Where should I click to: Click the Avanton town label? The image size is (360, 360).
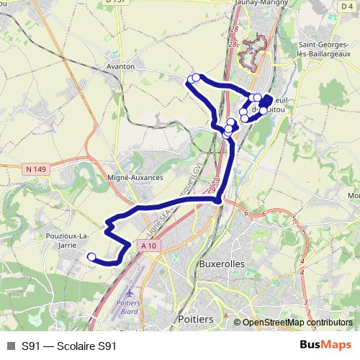[x=121, y=66]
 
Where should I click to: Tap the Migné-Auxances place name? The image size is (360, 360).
[x=135, y=176]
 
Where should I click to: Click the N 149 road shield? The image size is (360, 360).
[x=35, y=169]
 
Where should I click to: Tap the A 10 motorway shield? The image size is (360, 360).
[x=149, y=246]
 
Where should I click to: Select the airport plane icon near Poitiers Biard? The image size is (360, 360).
[x=130, y=294]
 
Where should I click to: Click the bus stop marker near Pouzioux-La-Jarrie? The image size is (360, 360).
[x=91, y=256]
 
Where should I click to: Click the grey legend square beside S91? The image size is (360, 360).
[x=10, y=346]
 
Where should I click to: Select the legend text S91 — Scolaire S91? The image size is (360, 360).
[x=68, y=346]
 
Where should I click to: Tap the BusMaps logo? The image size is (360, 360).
[x=325, y=345]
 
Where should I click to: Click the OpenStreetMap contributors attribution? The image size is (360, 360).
[x=297, y=323]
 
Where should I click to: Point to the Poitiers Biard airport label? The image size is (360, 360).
[x=130, y=307]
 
